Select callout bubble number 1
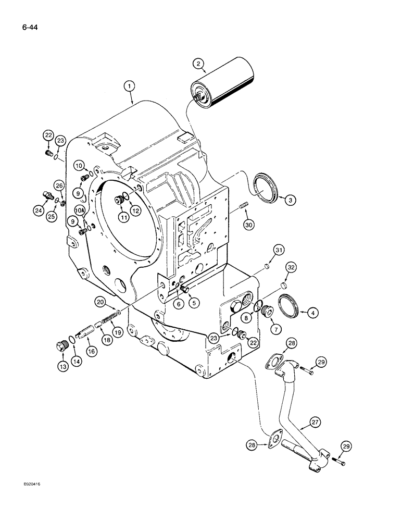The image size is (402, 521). pyautogui.click(x=130, y=85)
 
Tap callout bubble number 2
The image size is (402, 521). pyautogui.click(x=197, y=64)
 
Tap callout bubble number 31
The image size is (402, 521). pyautogui.click(x=279, y=252)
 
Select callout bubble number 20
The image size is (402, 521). pyautogui.click(x=101, y=301)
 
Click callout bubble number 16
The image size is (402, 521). pyautogui.click(x=91, y=352)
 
